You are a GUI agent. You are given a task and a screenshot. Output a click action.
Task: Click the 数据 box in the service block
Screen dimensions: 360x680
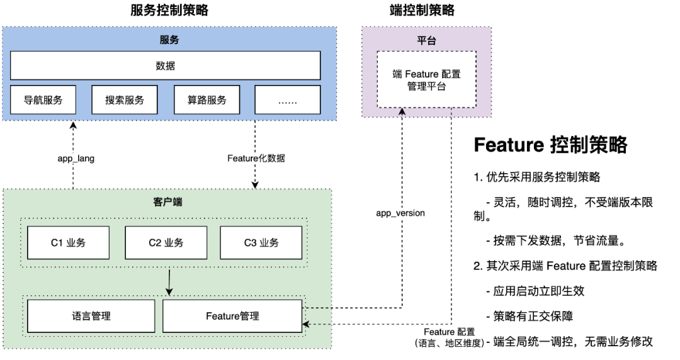(165, 65)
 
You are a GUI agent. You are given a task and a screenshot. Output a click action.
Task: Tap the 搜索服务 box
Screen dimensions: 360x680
(125, 100)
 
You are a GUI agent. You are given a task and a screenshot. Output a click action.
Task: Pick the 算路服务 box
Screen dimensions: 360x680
(206, 100)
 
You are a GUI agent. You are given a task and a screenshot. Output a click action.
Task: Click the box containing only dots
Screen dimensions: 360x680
(286, 100)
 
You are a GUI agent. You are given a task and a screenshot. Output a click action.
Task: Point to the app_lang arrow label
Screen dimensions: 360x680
(76, 159)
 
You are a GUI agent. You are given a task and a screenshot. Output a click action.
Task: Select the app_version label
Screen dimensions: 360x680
(400, 213)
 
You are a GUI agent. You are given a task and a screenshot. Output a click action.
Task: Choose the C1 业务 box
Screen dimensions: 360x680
(68, 243)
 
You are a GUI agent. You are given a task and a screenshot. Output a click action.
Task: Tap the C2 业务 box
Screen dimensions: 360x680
(165, 243)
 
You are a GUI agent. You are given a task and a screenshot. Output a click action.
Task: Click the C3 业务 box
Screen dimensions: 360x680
(261, 243)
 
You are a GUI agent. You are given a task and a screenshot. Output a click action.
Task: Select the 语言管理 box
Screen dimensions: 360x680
(91, 316)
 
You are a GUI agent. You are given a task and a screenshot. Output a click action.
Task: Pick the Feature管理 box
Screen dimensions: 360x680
(232, 316)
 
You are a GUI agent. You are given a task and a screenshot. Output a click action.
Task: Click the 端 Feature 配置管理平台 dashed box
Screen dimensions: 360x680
(426, 80)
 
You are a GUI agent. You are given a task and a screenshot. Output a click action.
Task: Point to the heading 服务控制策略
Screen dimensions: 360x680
(169, 10)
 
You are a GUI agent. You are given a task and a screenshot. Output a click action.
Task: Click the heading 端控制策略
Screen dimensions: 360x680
(422, 10)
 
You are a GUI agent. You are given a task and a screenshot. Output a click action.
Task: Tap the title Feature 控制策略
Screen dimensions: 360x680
(550, 145)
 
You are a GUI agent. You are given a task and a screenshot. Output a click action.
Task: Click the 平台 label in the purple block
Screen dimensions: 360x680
(426, 40)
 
